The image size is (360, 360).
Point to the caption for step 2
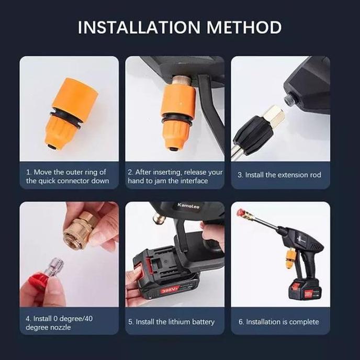click(x=175, y=176)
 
